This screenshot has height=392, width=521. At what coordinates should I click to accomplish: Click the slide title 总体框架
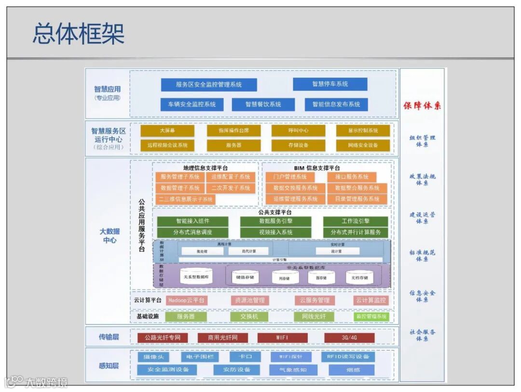click(x=78, y=34)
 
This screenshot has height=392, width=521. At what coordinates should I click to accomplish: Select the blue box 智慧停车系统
click(x=330, y=84)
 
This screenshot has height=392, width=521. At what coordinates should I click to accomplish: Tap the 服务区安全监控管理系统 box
click(x=209, y=85)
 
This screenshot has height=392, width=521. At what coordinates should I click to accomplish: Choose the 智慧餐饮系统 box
click(x=263, y=104)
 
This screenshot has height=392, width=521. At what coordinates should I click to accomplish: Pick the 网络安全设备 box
click(x=363, y=145)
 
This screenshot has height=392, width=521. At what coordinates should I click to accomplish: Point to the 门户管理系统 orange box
click(x=289, y=177)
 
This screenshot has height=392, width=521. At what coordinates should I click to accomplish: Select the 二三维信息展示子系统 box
click(x=186, y=199)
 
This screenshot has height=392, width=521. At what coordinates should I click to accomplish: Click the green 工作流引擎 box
click(x=356, y=222)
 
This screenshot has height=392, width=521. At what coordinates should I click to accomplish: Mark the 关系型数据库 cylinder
click(x=196, y=277)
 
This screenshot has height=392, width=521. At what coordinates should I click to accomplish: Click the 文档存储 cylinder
click(x=359, y=277)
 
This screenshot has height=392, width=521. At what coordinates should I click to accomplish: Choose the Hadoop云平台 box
click(x=186, y=301)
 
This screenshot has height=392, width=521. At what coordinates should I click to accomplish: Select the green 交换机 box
click(x=249, y=316)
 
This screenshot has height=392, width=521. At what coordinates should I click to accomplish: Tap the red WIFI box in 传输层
click(x=282, y=338)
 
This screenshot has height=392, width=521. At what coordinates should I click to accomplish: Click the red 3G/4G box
click(x=349, y=338)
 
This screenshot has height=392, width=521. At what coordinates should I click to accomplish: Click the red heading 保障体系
click(x=422, y=106)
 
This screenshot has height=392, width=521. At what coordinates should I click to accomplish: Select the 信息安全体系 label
click(x=422, y=296)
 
